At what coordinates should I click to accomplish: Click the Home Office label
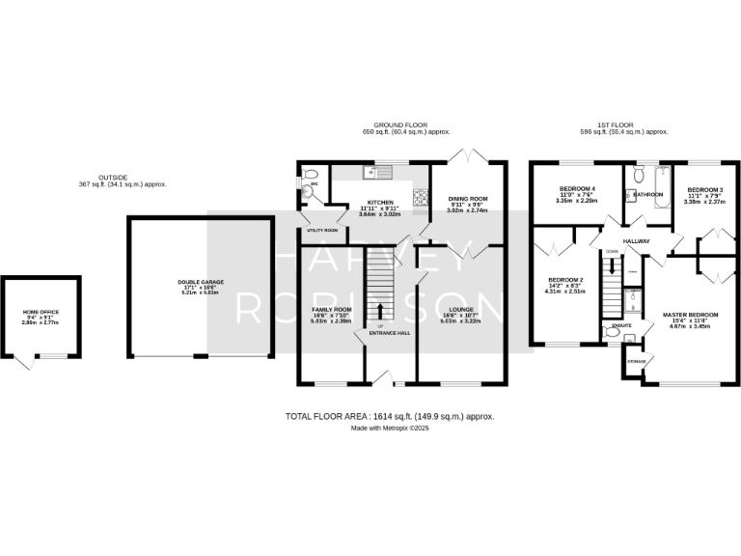pyautogui.click(x=40, y=312)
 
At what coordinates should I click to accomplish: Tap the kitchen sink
pyautogui.click(x=374, y=173)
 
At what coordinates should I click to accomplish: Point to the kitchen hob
pyautogui.click(x=421, y=197)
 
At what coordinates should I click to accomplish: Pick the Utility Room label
pyautogui.click(x=321, y=230)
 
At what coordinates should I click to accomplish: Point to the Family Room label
pyautogui.click(x=331, y=309)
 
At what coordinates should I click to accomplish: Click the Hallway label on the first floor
pyautogui.click(x=635, y=241)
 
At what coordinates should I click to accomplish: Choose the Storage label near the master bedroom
pyautogui.click(x=637, y=361)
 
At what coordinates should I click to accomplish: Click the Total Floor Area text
pyautogui.click(x=390, y=416)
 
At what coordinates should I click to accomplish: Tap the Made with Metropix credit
pyautogui.click(x=389, y=428)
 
